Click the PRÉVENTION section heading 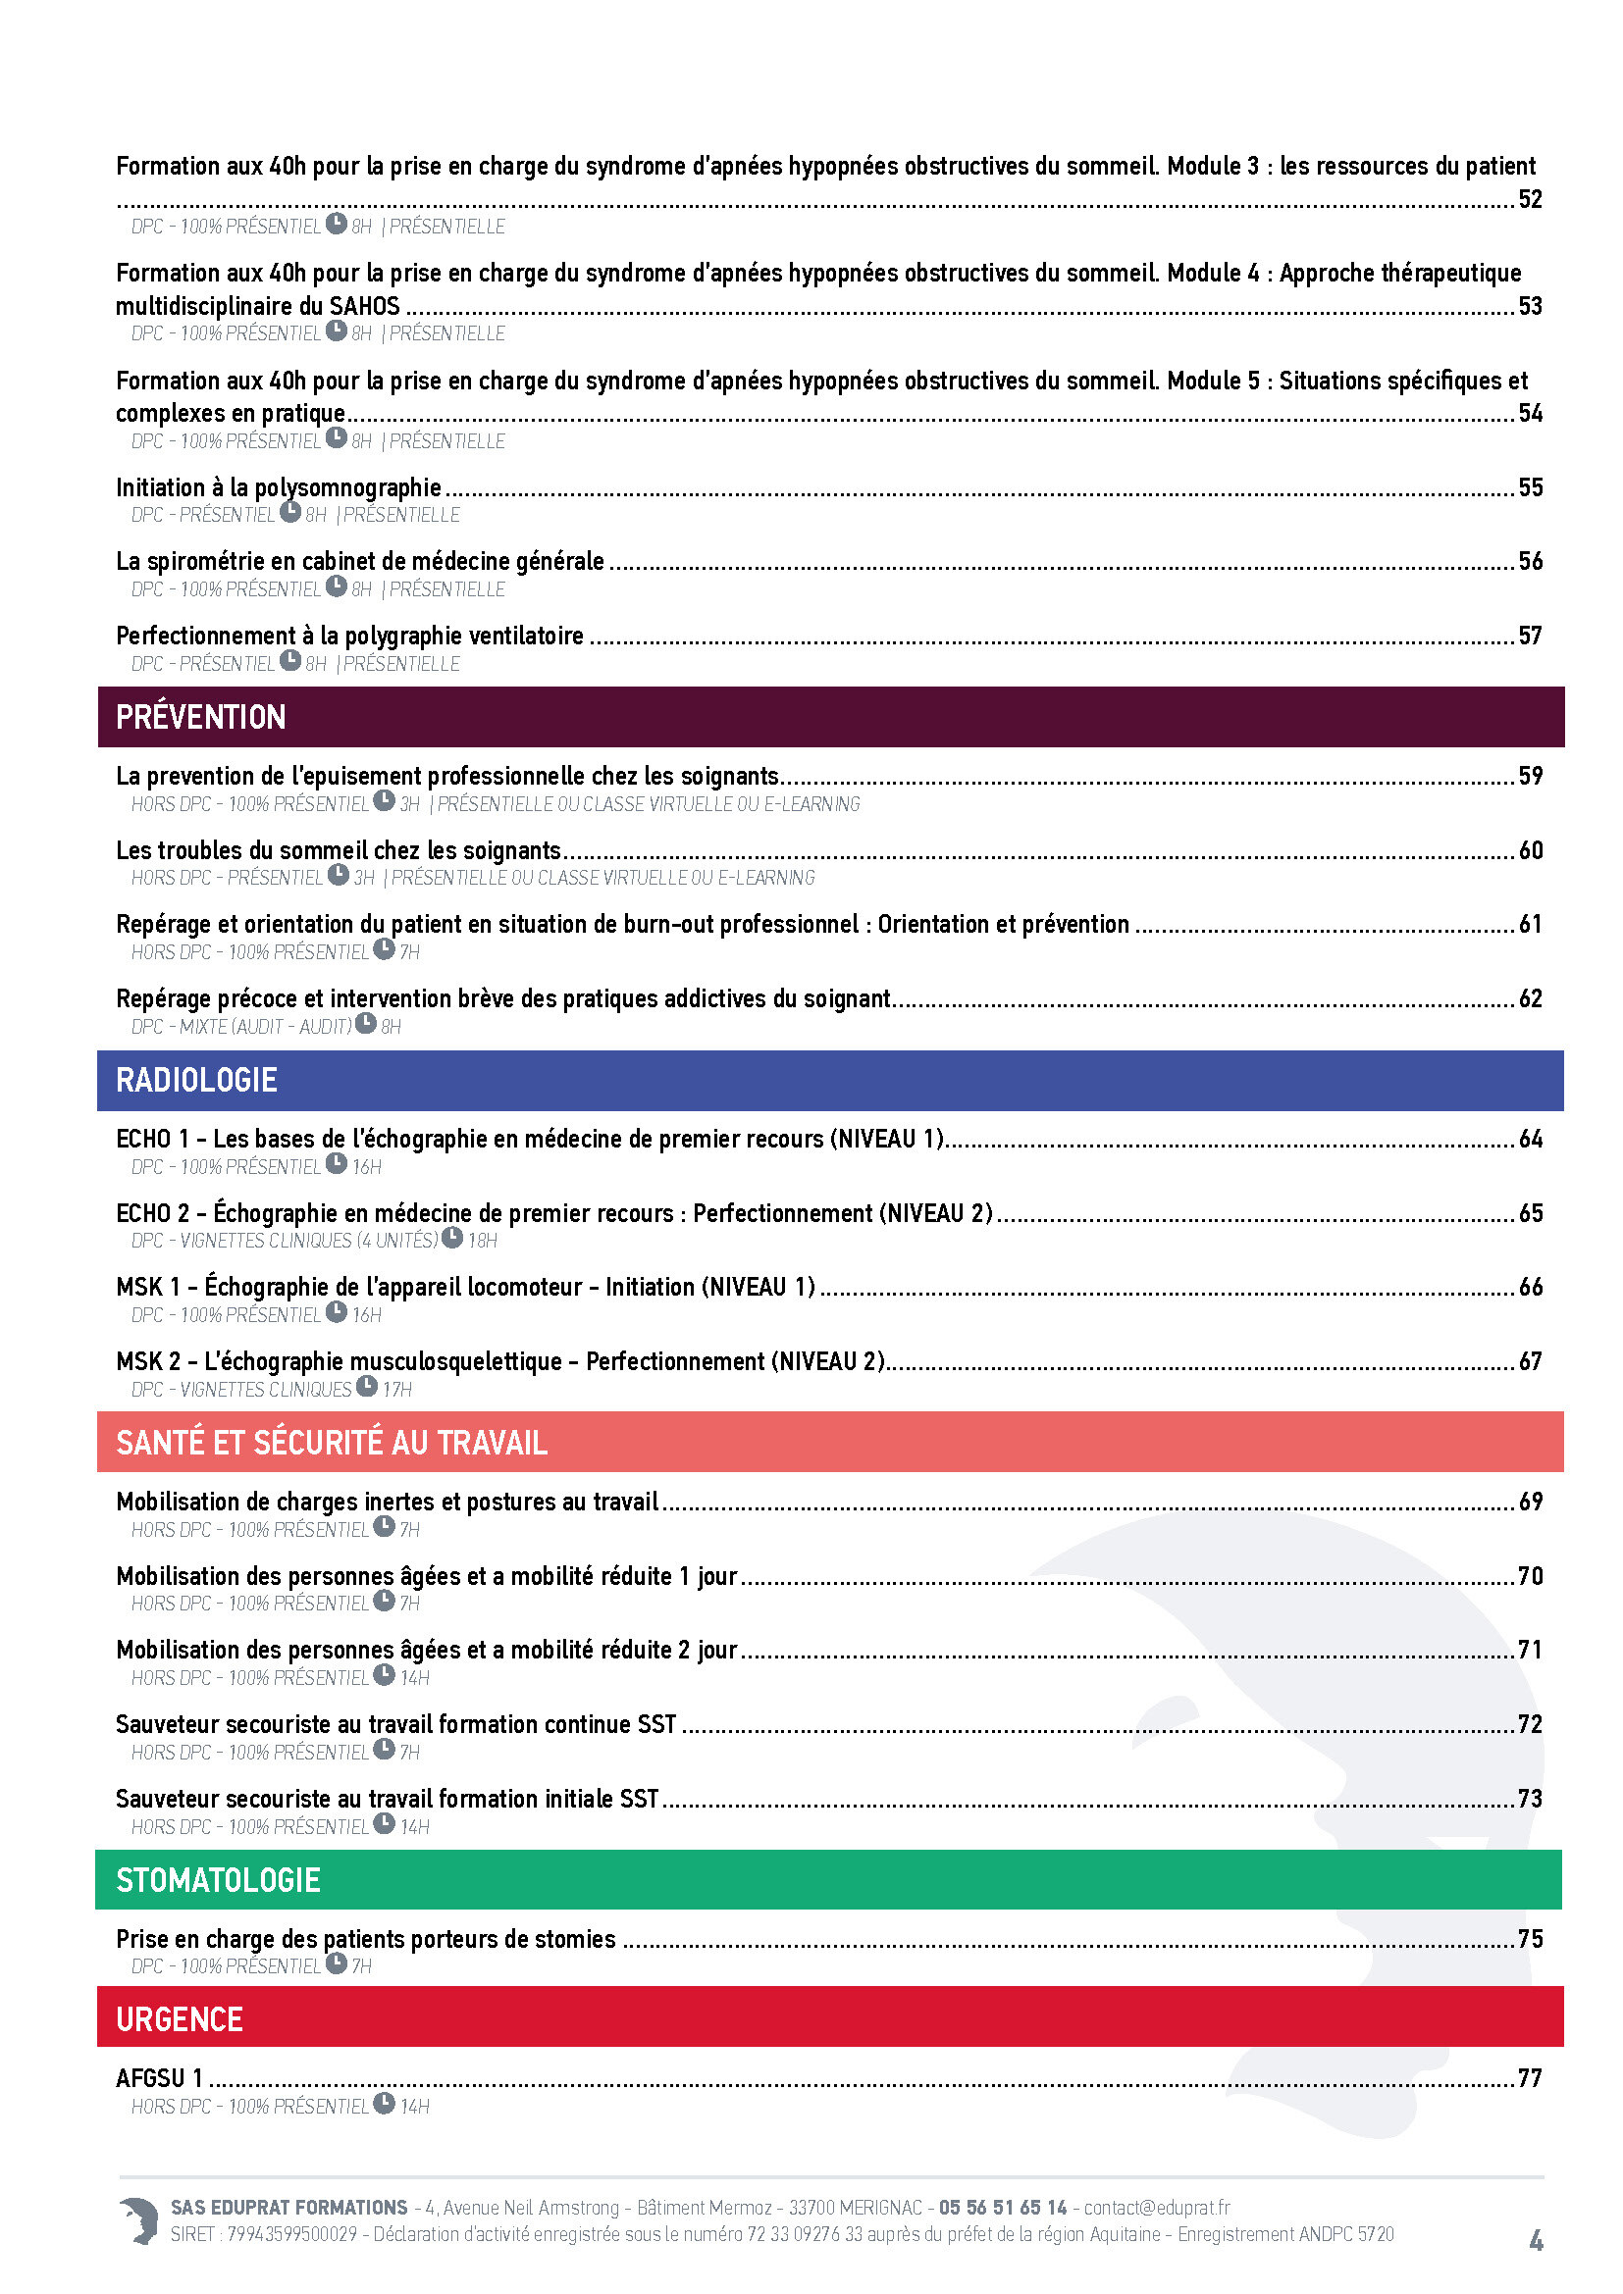click(201, 716)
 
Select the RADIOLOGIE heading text click(197, 1079)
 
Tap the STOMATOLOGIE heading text click(218, 1879)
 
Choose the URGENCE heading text click(180, 2018)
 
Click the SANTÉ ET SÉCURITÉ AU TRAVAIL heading click(332, 1442)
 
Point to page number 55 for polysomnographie click(1530, 487)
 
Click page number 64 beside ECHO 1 click(1530, 1138)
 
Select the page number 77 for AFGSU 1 click(1530, 2077)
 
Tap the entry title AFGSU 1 click(160, 2077)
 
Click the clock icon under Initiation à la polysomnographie click(290, 513)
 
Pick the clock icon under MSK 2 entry click(367, 1387)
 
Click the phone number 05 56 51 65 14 click(1003, 2207)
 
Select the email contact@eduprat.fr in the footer click(1156, 2207)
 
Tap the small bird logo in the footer click(139, 2220)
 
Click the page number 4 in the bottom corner click(1536, 2241)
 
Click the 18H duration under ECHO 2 click(483, 1240)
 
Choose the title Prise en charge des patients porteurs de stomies click(366, 1938)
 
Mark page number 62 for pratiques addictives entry click(1530, 998)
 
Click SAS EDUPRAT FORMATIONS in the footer click(288, 2207)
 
